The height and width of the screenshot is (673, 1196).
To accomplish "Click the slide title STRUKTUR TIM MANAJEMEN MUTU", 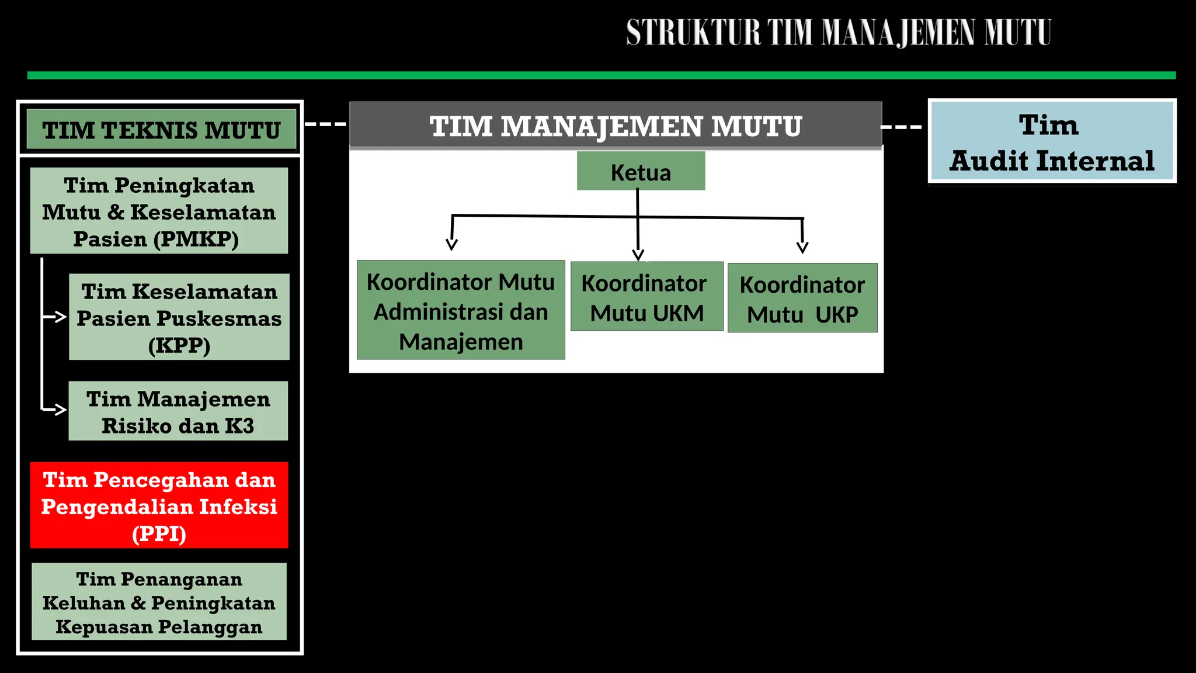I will pos(839,33).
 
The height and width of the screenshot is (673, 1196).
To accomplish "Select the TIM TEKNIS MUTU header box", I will pos(162,130).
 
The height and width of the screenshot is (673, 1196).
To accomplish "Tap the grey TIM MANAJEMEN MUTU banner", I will pos(616,126).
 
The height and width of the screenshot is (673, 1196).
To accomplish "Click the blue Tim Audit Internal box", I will pos(1052,141).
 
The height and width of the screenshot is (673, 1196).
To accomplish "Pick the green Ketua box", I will pos(641,171).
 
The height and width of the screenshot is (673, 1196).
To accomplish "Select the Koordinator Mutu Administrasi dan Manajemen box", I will pos(461,310).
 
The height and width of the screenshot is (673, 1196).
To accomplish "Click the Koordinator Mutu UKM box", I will pos(646,297).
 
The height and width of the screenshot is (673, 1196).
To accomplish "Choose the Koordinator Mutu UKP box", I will pos(802,299).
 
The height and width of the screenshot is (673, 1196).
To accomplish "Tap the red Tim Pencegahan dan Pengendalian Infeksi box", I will pos(159,505).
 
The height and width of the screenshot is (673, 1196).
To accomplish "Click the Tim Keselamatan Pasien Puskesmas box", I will pos(179,317).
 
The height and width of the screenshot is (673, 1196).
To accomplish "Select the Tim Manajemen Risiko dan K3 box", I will pos(178,411).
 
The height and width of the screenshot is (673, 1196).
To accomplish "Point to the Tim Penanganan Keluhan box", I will pos(159,602).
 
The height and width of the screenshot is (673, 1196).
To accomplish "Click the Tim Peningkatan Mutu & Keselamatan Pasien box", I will pos(159,211).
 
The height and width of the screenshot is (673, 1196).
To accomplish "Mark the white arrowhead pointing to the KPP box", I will pos(61,317).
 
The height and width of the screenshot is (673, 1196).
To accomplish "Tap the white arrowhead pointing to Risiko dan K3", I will pos(61,409).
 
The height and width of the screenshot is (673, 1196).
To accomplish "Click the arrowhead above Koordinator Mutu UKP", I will pos(802,248).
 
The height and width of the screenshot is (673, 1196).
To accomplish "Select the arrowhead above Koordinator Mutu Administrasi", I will pos(451,244).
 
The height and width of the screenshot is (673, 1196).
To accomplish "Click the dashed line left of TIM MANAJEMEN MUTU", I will pos(326,124).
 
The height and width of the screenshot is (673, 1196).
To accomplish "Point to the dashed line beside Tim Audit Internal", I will pos(901,127).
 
